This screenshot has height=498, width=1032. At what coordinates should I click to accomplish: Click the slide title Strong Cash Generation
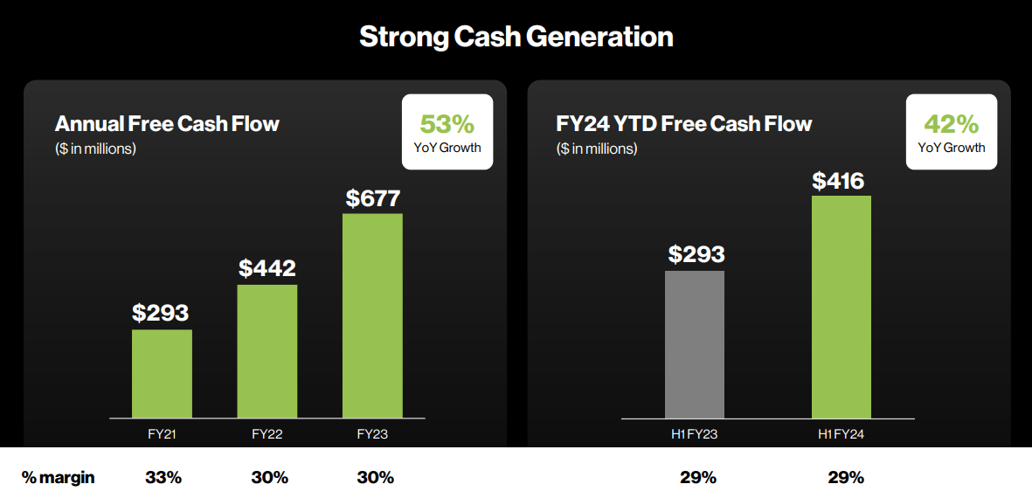[516, 37]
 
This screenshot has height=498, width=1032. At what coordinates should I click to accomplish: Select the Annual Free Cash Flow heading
[167, 123]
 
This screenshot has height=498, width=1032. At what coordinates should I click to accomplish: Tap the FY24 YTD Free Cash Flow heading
[683, 123]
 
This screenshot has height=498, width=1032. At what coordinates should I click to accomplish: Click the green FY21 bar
[162, 373]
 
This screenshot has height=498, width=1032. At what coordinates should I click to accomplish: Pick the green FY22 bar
[267, 351]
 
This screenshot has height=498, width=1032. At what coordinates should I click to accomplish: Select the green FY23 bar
[372, 315]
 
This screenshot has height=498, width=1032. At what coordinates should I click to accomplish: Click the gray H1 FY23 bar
[695, 344]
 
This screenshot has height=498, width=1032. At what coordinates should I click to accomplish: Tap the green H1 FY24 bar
[841, 307]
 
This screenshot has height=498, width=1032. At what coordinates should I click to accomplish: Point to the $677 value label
[372, 198]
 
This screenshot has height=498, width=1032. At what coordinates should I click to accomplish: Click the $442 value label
[267, 268]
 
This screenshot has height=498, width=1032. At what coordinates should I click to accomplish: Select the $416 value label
[838, 181]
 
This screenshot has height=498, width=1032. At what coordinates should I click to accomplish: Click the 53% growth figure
[447, 123]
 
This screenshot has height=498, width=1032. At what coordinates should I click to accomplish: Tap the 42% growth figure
[951, 123]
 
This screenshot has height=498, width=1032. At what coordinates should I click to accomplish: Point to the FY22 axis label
[267, 433]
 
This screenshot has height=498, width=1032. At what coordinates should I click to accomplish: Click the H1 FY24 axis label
[841, 433]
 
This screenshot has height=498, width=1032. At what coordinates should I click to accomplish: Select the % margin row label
[59, 478]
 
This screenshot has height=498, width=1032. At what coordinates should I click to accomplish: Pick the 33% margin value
[163, 478]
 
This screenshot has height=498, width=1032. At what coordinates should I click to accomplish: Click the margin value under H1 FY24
[845, 478]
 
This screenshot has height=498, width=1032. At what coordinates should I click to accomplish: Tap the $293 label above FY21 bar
[161, 312]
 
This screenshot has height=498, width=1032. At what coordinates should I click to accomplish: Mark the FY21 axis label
[162, 433]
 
